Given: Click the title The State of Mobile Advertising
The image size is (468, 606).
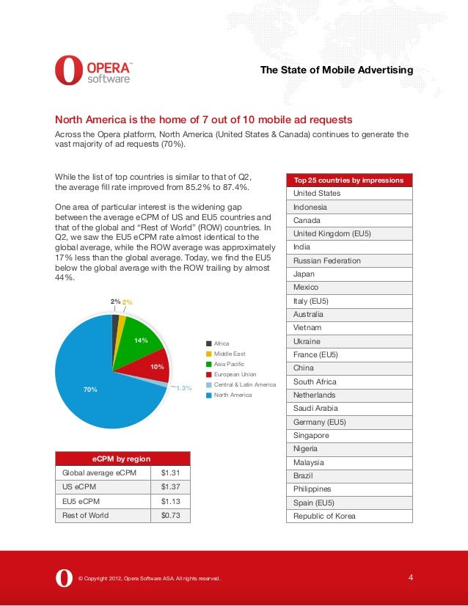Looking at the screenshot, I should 337,70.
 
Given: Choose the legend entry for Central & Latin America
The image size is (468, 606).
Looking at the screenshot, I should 244,384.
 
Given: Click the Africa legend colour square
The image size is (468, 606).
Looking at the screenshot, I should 209,343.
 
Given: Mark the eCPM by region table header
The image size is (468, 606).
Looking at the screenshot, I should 122,459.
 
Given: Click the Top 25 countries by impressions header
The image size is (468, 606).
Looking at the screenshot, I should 348,180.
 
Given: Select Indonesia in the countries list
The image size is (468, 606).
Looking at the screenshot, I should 310,207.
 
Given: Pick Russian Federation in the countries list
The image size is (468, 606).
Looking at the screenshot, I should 326,260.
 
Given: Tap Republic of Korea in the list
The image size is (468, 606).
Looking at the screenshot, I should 324,516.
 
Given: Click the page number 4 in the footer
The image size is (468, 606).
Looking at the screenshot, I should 411,577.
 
